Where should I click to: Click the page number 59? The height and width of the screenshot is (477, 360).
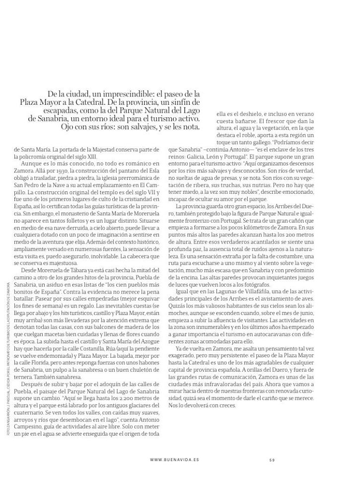272,460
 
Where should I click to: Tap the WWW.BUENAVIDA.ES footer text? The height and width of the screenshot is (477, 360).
174,460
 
